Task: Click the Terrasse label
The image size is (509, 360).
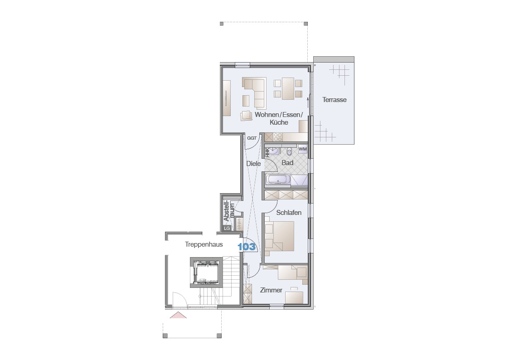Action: pos(334,100)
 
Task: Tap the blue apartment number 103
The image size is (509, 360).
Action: pos(247,247)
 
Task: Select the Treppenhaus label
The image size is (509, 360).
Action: pos(204,244)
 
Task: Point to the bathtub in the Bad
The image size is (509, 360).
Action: pos(278,180)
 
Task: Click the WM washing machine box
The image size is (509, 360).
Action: pos(302,149)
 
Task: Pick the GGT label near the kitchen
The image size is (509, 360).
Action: pos(252,138)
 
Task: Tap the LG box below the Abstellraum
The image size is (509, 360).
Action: pos(227,228)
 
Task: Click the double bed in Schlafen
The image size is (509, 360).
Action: pos(280,236)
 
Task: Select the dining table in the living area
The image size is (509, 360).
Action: pos(288,88)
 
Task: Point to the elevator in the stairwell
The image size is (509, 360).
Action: pos(206,272)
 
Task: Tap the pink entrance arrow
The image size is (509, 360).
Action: pos(178,315)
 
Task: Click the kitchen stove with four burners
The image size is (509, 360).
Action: pos(278,137)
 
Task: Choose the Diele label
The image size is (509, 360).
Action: pos(253,164)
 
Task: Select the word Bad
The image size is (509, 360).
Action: pos(287,163)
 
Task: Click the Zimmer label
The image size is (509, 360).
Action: pos(271,290)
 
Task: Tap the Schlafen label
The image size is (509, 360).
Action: pos(289,213)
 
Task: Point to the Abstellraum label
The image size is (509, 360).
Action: pos(228,211)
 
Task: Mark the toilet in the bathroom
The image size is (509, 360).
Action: pos(289,151)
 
